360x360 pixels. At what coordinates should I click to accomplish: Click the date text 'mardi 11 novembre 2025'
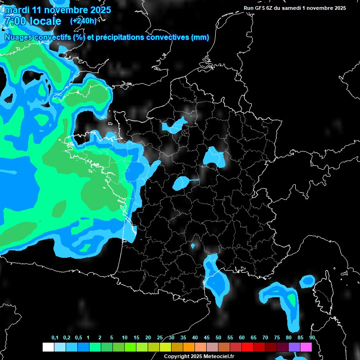[x=58, y=10]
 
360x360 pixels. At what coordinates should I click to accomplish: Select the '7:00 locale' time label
[x=32, y=21]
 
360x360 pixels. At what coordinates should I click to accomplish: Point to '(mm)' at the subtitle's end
[x=200, y=37]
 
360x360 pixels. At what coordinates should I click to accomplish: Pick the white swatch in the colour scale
[x=48, y=347]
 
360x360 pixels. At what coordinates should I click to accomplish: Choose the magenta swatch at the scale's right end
[x=306, y=347]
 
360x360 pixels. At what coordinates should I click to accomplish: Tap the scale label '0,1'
[x=55, y=338]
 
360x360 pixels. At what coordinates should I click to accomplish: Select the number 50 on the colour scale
[x=218, y=338]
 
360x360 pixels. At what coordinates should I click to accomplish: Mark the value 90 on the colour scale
[x=312, y=338]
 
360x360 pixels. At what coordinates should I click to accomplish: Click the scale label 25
[x=160, y=338]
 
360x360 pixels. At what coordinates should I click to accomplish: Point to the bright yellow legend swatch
[x=165, y=347]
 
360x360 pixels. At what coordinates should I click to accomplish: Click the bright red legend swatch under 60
[x=247, y=347]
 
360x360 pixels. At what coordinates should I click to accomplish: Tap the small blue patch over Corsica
[x=307, y=281]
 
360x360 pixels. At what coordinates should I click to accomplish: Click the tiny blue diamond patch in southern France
[x=193, y=246]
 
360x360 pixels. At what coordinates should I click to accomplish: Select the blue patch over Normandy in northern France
[x=174, y=125]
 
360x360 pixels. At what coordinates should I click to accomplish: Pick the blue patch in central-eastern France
[x=215, y=157]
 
